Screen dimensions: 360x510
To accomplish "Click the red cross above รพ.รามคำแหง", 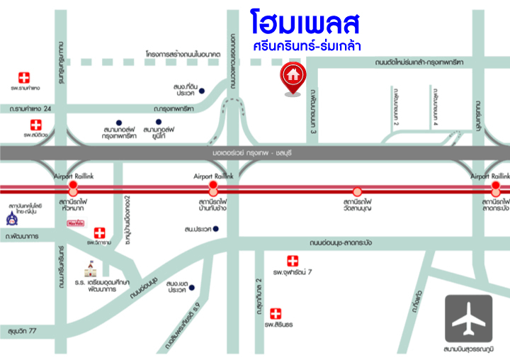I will (x=25, y=77).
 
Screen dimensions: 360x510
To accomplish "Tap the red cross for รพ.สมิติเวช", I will (x=35, y=125).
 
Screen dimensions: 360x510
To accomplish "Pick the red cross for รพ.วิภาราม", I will (x=100, y=232).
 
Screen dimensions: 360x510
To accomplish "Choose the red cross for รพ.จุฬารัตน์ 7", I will (x=293, y=261).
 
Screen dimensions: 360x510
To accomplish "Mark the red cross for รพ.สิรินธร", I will (x=274, y=313).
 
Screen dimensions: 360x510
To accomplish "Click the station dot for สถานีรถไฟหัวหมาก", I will (x=72, y=189).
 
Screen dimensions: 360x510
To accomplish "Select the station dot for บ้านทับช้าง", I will (x=212, y=189).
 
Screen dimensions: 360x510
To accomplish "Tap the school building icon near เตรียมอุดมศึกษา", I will (x=91, y=269).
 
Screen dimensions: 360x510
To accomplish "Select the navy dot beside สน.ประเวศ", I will (x=216, y=229).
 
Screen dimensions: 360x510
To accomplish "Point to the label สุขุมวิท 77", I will (x=23, y=331).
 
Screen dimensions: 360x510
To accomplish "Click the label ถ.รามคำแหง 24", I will (x=27, y=109).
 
